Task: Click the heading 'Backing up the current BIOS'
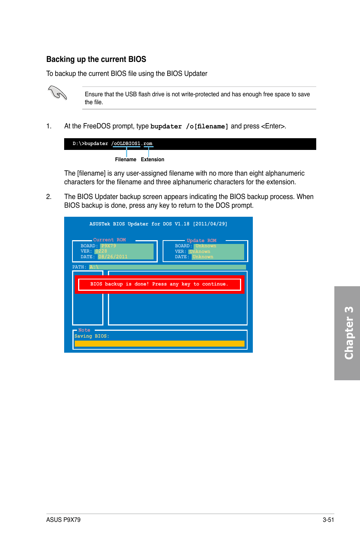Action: coord(96,59)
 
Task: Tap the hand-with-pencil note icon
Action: coord(57,93)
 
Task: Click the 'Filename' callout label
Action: coord(125,160)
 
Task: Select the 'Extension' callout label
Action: coord(152,160)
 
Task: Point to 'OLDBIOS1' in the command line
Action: coord(127,143)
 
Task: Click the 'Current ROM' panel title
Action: coord(109,240)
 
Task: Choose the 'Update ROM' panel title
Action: coord(202,241)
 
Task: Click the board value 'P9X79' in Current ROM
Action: coord(109,246)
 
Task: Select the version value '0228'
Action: coord(101,251)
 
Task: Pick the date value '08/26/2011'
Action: coord(113,257)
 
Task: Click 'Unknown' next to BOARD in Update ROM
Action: coord(206,246)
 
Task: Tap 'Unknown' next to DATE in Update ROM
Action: coord(203,257)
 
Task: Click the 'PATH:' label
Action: coord(79,267)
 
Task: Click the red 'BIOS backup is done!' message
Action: coord(159,284)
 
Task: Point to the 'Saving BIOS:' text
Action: coord(92,336)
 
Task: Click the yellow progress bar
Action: coord(159,344)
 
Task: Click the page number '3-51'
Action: coord(328,520)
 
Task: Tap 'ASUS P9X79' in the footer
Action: coord(63,520)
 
